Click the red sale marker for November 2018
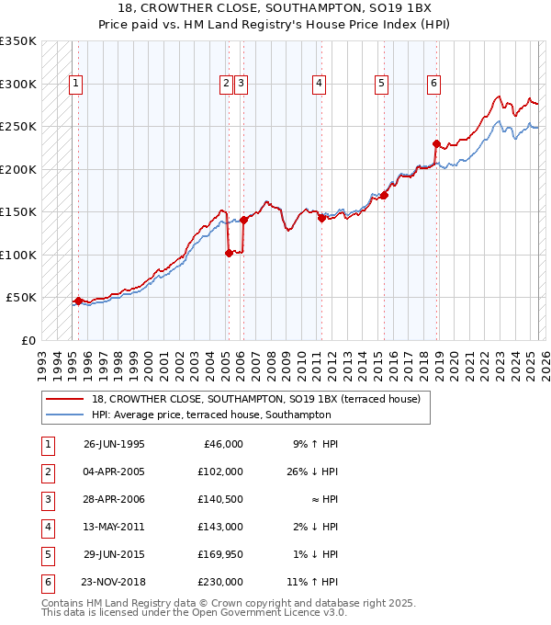(x=437, y=143)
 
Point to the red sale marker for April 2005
(x=229, y=254)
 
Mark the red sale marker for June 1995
(x=79, y=301)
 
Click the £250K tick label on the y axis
(x=18, y=127)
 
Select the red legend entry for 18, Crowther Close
(x=256, y=399)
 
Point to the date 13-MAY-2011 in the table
(x=114, y=527)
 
